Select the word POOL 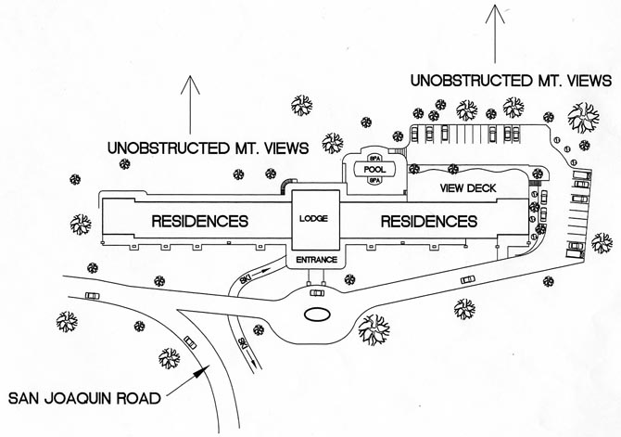pyautogui.click(x=374, y=170)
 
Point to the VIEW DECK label pyautogui.click(x=468, y=188)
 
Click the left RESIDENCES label pyautogui.click(x=200, y=222)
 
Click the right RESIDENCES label pyautogui.click(x=428, y=222)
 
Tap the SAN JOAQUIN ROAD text pyautogui.click(x=82, y=400)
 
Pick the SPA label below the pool pyautogui.click(x=374, y=182)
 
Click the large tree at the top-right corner pyautogui.click(x=584, y=118)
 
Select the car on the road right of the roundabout pyautogui.click(x=468, y=278)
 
